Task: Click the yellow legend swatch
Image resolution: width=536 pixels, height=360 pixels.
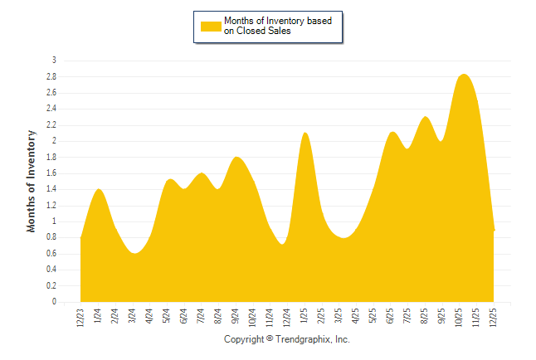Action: [x=212, y=26]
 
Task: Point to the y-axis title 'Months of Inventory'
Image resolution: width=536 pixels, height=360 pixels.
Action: [x=32, y=181]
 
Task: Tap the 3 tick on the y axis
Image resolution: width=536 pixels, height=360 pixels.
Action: [x=54, y=61]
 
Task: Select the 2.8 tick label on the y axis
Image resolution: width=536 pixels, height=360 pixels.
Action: [x=51, y=76]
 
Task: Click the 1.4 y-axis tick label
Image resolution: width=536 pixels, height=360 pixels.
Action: [x=51, y=189]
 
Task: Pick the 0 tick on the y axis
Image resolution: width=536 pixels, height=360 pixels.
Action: [x=54, y=302]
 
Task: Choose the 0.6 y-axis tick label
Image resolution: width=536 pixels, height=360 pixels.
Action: [x=51, y=254]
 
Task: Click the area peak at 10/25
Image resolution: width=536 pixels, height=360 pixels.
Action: [x=463, y=75]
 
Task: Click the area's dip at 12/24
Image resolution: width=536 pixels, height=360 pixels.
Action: [x=283, y=244]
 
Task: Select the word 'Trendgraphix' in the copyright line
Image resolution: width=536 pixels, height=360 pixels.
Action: [x=302, y=340]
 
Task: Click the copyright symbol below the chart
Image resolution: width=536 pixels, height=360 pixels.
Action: [x=270, y=340]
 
